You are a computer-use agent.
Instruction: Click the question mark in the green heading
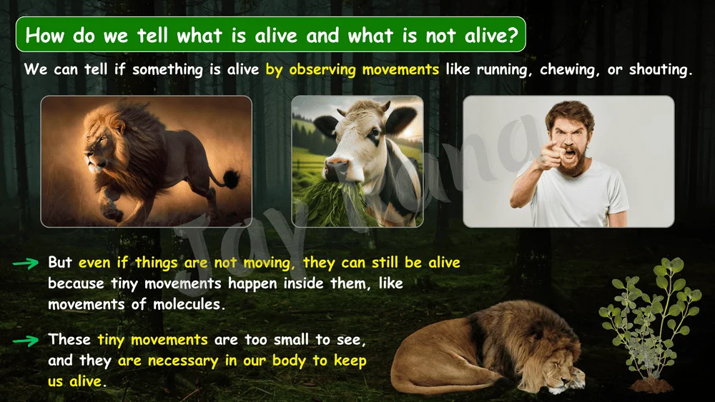tap(513, 35)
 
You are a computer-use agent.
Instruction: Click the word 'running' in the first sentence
tap(504, 70)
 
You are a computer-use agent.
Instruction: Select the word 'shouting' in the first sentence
tap(661, 70)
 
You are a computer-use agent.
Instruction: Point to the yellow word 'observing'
tap(322, 70)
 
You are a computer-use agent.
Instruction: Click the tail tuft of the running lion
tap(231, 179)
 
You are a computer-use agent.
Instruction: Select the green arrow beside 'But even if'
tap(26, 263)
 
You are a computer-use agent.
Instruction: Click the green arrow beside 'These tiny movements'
tap(26, 341)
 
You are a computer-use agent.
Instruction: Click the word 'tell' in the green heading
tap(153, 35)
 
